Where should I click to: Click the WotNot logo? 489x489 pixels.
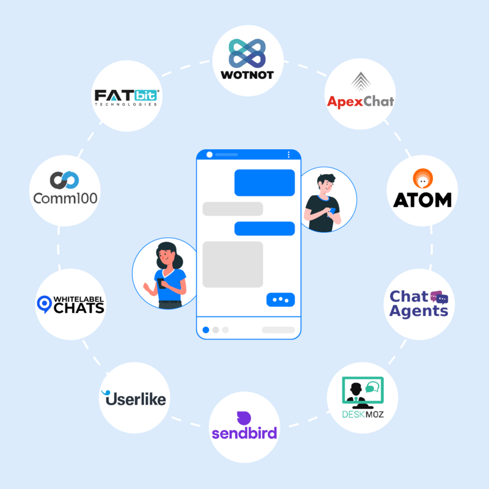pyautogui.click(x=248, y=61)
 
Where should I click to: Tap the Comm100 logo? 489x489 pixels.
pyautogui.click(x=65, y=189)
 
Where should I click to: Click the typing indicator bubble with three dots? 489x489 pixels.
pyautogui.click(x=281, y=300)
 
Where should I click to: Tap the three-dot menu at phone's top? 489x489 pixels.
pyautogui.click(x=289, y=155)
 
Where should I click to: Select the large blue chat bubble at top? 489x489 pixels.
pyautogui.click(x=265, y=183)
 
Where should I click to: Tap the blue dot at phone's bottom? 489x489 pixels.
pyautogui.click(x=205, y=330)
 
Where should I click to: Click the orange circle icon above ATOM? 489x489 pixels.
pyautogui.click(x=422, y=179)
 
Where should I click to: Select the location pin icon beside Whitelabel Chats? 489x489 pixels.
pyautogui.click(x=44, y=304)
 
